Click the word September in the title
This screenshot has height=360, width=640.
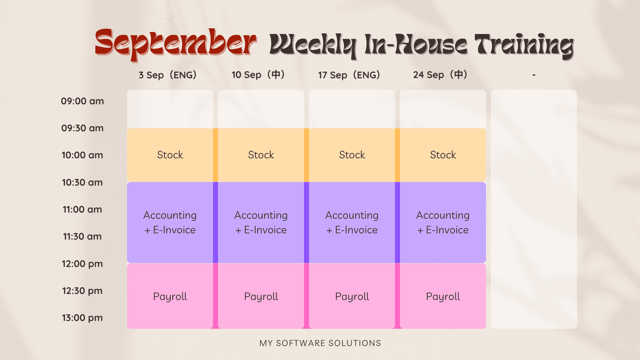[x=176, y=45]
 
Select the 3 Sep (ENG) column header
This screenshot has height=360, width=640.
[x=168, y=75]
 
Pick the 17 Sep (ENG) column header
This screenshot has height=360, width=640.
[x=349, y=75]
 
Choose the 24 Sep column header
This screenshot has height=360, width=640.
[x=440, y=75]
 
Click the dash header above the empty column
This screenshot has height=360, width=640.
[x=534, y=75]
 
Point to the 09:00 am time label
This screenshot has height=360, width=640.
[x=82, y=101]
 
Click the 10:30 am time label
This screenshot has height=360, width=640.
[x=82, y=182]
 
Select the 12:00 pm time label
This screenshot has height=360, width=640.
[x=82, y=264]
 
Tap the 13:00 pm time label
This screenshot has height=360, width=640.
[x=82, y=318]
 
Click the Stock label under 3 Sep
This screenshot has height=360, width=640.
[x=170, y=155]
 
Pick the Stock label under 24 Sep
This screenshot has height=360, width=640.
[x=443, y=155]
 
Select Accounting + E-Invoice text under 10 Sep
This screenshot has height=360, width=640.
[x=261, y=222]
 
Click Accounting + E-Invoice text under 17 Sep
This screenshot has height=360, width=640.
[x=352, y=222]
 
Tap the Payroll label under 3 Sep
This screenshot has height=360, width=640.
[x=170, y=297]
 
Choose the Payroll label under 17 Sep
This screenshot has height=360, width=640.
[x=352, y=297]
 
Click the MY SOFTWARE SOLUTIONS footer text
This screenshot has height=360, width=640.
[x=320, y=343]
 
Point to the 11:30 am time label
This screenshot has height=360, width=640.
[x=82, y=237]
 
